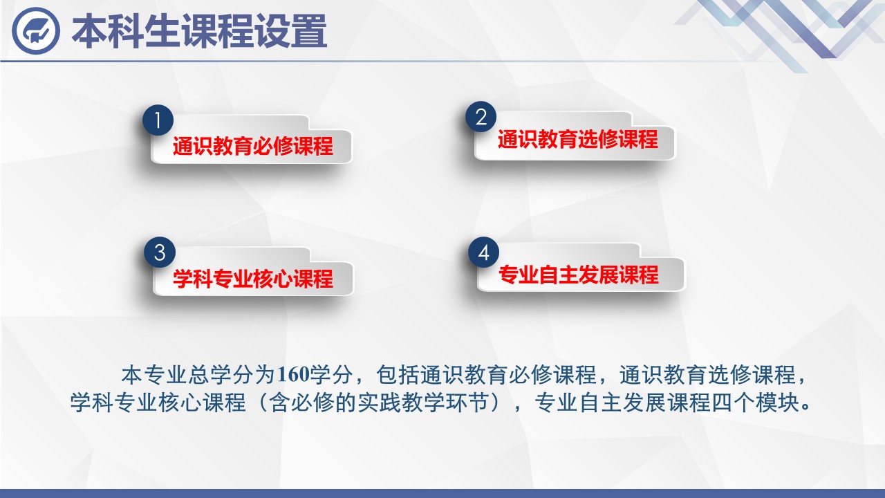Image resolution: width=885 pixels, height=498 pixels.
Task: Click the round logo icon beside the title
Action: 36,31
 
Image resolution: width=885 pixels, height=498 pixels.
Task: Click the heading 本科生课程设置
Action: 200,32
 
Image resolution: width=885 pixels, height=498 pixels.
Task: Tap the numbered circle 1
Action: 158,120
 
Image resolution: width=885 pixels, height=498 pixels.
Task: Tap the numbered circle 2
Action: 481,117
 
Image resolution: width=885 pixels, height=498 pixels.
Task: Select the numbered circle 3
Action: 160,252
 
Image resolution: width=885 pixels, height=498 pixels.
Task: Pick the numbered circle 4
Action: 483,252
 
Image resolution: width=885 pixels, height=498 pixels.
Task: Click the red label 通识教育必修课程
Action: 253,146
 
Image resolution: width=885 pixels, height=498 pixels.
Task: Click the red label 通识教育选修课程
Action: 577,140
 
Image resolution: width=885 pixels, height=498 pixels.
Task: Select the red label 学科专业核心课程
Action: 253,279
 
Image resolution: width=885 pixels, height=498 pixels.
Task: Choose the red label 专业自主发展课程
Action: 579,275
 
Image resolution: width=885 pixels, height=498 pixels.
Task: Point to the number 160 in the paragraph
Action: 293,374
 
